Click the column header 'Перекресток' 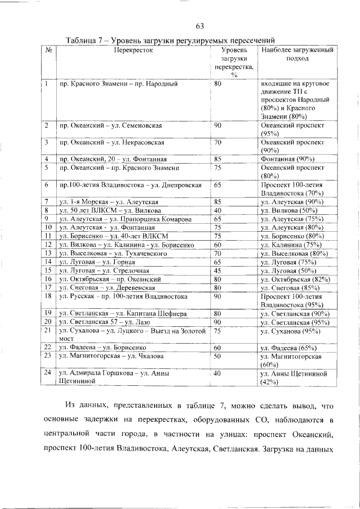click(133, 51)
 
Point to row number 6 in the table click(47, 184)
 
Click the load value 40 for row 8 click(218, 210)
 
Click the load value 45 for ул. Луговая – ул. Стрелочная click(218, 270)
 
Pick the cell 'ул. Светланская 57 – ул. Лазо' click(105, 322)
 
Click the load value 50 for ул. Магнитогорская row click(218, 357)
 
